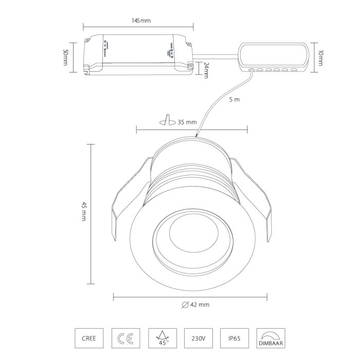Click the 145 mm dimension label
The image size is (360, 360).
click(x=141, y=21)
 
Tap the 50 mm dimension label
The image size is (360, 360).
click(x=65, y=58)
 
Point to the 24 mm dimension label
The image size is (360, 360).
click(x=206, y=70)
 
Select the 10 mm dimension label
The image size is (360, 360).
click(x=320, y=58)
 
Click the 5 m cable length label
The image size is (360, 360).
click(x=234, y=99)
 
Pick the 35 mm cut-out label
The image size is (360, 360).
click(x=187, y=122)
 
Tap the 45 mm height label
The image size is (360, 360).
click(x=84, y=211)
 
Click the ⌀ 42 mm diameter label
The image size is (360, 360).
click(x=195, y=304)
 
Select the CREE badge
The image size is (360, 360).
click(x=89, y=338)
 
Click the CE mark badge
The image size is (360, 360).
click(x=125, y=338)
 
